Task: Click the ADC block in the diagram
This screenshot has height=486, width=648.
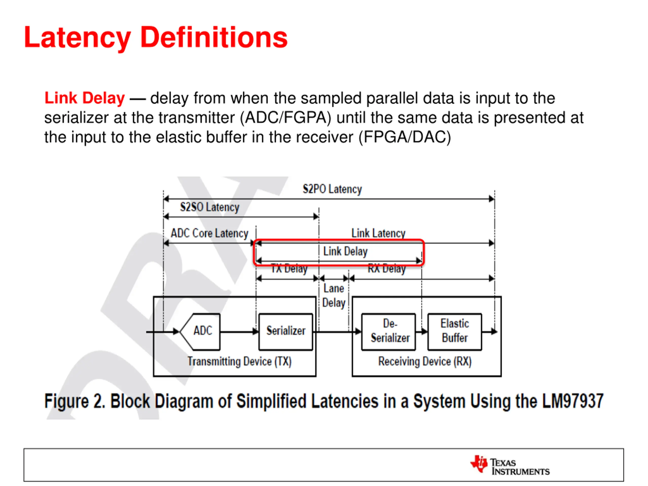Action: [202, 331]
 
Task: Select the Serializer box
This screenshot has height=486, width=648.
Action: [286, 331]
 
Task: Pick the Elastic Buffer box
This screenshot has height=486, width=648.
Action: [454, 331]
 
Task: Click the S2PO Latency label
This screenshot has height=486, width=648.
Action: [332, 189]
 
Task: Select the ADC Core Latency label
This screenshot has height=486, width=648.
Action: [209, 233]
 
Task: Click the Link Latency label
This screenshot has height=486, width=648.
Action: [378, 233]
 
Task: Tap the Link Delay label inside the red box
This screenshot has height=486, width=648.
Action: [345, 251]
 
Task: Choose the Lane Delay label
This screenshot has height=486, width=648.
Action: [334, 296]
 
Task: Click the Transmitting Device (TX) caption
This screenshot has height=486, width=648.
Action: [239, 361]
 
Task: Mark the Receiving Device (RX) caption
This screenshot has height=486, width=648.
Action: [425, 361]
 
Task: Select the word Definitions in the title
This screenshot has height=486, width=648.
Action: [214, 37]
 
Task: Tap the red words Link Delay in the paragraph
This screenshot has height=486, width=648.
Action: [84, 98]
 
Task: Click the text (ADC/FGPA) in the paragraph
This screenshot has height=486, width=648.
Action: [285, 118]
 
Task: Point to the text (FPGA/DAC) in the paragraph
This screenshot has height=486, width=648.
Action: [405, 137]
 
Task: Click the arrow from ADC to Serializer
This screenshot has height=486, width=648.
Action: [239, 332]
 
